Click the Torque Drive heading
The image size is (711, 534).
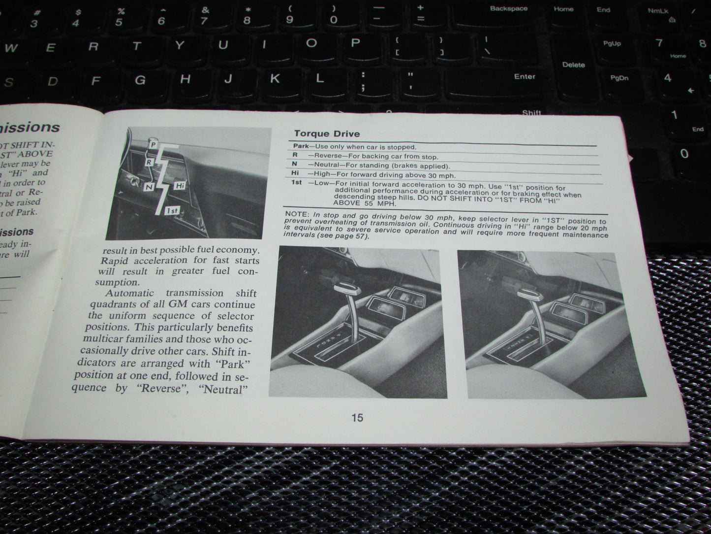coord(327,133)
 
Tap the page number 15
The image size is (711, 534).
coord(357,418)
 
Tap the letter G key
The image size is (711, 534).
coord(140,80)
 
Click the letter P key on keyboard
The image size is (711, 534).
coord(355,43)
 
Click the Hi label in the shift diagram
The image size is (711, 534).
coord(180,185)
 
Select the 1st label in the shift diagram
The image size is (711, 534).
coord(172,211)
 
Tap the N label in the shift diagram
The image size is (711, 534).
coord(149,187)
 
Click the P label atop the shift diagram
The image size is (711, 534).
coord(153,144)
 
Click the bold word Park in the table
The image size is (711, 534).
coord(301,146)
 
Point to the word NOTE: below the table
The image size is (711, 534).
coord(297,214)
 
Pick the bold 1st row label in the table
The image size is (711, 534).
coord(296,183)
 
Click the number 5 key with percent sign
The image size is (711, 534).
coord(120,18)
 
